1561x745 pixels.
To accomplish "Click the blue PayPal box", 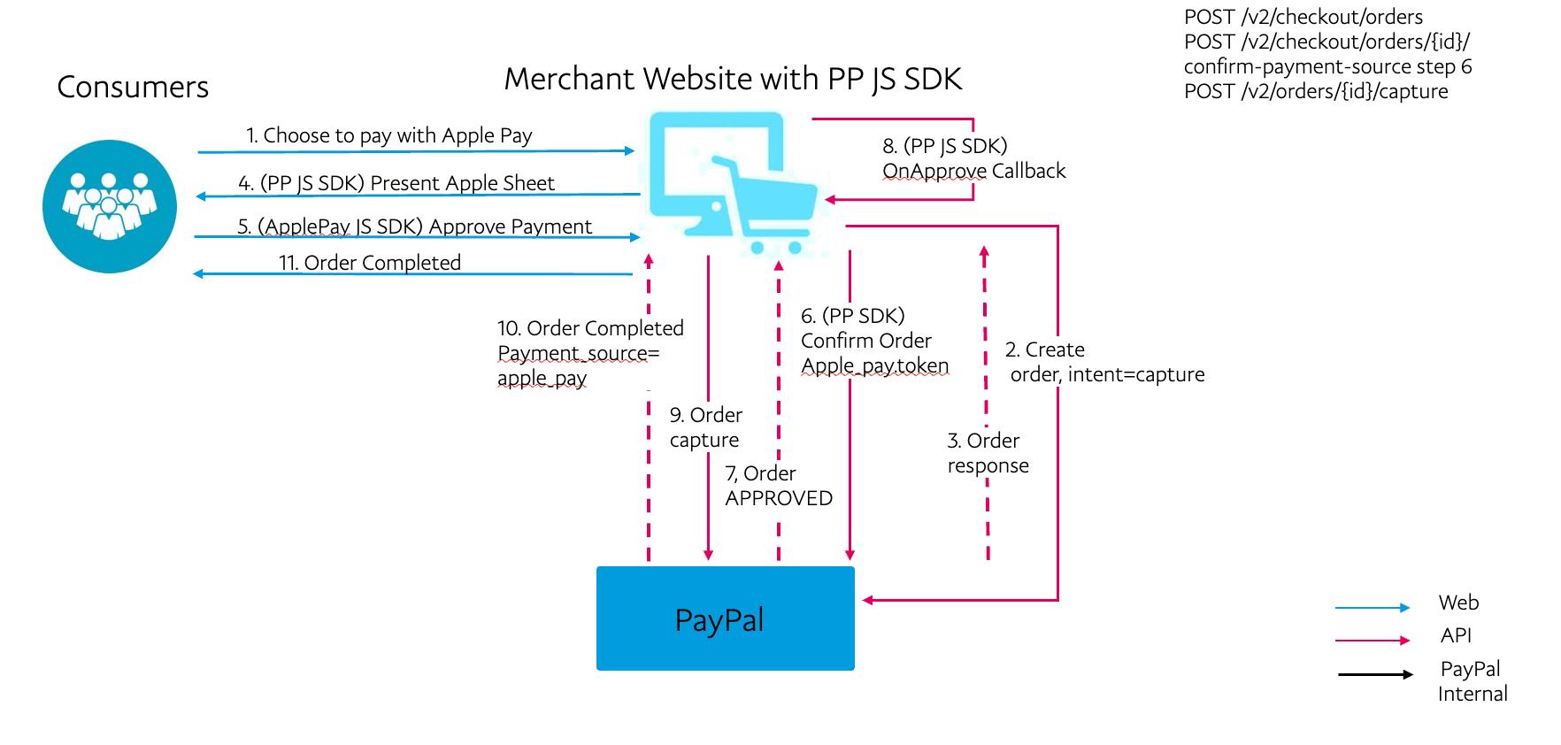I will point(725,618).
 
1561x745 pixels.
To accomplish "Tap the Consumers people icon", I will point(110,206).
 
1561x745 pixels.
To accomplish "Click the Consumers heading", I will point(133,87).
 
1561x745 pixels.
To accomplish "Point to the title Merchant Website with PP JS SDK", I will point(733,79).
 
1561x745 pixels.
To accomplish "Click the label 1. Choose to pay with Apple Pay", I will point(389,135).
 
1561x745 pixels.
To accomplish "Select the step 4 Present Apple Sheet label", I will point(396,183).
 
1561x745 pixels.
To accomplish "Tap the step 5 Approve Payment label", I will point(414,227).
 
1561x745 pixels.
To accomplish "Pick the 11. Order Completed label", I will point(370,263).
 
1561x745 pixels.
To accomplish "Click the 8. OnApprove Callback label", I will point(973,158).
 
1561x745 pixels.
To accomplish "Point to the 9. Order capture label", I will point(705,427).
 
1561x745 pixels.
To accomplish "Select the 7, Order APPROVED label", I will point(778,486).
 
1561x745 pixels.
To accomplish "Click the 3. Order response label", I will point(988,453).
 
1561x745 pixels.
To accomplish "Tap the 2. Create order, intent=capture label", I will point(1104,362).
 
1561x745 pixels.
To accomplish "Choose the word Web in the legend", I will point(1458,603).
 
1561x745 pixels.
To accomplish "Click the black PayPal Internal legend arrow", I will point(1375,675).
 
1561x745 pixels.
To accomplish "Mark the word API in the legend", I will point(1456,635).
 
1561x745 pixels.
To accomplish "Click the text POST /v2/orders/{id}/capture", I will point(1316,92).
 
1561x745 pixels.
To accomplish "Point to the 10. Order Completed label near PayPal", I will point(590,353).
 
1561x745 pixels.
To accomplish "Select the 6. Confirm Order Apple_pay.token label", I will point(874,341).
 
